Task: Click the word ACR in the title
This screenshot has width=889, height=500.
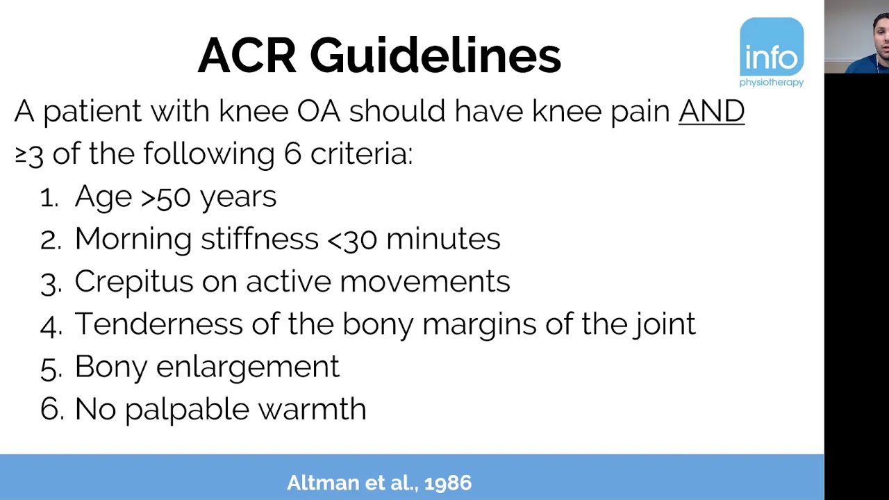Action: point(247,56)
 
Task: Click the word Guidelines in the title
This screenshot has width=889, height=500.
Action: point(435,56)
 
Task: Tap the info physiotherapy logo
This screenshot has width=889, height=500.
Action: point(771,53)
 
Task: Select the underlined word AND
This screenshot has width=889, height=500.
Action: point(711,111)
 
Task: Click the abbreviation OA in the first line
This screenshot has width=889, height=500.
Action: point(318,111)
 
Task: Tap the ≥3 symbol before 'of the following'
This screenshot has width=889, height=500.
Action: point(29,154)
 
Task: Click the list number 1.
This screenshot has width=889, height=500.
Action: point(48,198)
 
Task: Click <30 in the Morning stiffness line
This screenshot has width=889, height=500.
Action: point(351,240)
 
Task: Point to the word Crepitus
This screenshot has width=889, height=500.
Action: point(133,282)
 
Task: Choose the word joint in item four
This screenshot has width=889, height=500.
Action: point(664,324)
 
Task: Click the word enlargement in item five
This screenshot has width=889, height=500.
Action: point(247,367)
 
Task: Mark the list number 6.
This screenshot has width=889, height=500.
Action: point(50,410)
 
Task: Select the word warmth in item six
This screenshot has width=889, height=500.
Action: point(312,410)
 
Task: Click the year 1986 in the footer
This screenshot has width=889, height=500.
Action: point(449,483)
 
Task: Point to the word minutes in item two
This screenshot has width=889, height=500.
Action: point(442,240)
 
